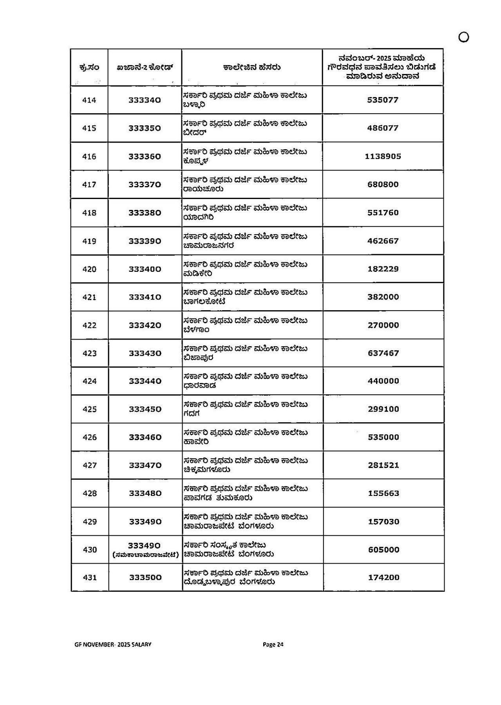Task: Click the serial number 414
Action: pos(89,100)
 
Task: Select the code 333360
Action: pos(145,157)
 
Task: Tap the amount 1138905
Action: pos(383,157)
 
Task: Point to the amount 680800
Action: pos(383,184)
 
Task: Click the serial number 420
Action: pos(89,269)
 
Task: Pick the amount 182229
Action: pos(383,269)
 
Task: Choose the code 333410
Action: pos(145,297)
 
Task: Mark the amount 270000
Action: pos(383,325)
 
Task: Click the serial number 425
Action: pos(89,409)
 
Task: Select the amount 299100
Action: pos(383,409)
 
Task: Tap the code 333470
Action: pos(145,465)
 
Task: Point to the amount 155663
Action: pos(383,493)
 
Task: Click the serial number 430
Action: pos(89,550)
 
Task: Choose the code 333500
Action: pos(145,578)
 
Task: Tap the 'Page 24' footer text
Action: pos(273,644)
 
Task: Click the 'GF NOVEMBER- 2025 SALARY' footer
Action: pos(113,644)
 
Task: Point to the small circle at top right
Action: pos(463,37)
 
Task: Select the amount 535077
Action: pos(383,100)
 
